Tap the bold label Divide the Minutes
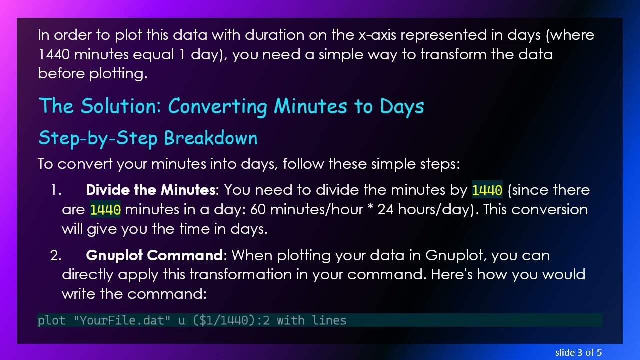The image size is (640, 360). [150, 190]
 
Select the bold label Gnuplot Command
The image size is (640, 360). [154, 256]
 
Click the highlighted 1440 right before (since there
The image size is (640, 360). [487, 191]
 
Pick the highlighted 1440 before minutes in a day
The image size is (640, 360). [105, 210]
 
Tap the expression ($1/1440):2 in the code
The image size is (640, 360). [231, 320]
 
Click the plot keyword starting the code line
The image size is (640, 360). [51, 320]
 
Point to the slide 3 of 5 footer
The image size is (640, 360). [578, 353]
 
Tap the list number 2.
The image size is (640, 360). [55, 256]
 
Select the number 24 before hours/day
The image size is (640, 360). [385, 209]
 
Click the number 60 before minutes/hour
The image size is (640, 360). [258, 209]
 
